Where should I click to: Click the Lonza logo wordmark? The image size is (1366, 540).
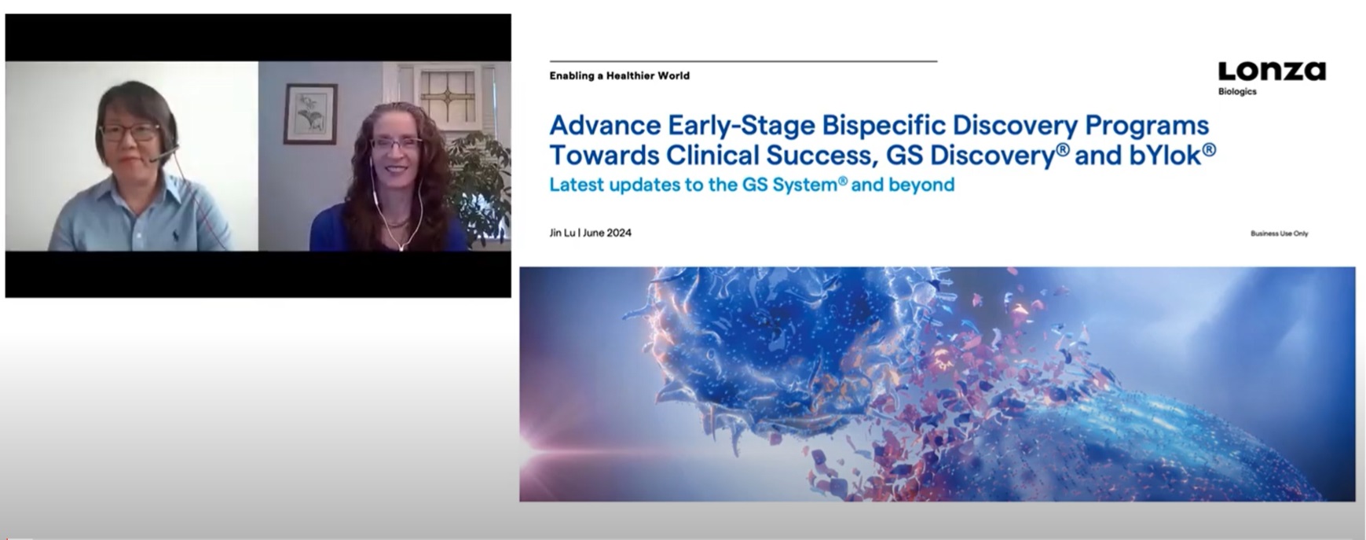coord(1272,72)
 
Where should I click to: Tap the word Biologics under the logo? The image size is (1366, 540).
coord(1237,92)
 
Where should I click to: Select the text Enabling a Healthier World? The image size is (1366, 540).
coord(619,75)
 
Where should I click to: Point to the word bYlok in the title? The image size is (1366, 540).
coord(1166,155)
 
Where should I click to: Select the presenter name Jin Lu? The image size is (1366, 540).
coord(562,233)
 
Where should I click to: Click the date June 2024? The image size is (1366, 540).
coord(607,233)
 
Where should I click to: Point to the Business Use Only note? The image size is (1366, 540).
coord(1279,233)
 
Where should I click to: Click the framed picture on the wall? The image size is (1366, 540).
coord(310,114)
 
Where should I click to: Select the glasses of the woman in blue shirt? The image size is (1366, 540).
coord(130,133)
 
